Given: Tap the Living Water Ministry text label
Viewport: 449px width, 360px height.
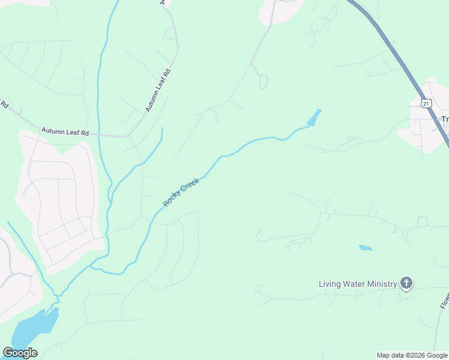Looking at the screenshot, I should click(x=358, y=284).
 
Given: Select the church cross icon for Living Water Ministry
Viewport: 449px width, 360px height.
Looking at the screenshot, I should click(x=406, y=283).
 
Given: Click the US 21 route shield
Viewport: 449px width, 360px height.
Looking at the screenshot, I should click(x=426, y=103).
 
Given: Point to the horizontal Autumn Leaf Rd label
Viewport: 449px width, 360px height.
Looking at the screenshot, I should click(x=65, y=131).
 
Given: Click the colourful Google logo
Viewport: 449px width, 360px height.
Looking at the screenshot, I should click(x=20, y=353).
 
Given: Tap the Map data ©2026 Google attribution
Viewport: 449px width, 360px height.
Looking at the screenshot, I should click(x=412, y=355).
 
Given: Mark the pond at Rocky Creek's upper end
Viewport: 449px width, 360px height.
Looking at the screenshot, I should click(x=314, y=118).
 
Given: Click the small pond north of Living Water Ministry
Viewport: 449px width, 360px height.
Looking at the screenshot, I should click(x=365, y=247).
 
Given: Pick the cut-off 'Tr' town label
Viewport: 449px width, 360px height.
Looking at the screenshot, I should click(x=445, y=119).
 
